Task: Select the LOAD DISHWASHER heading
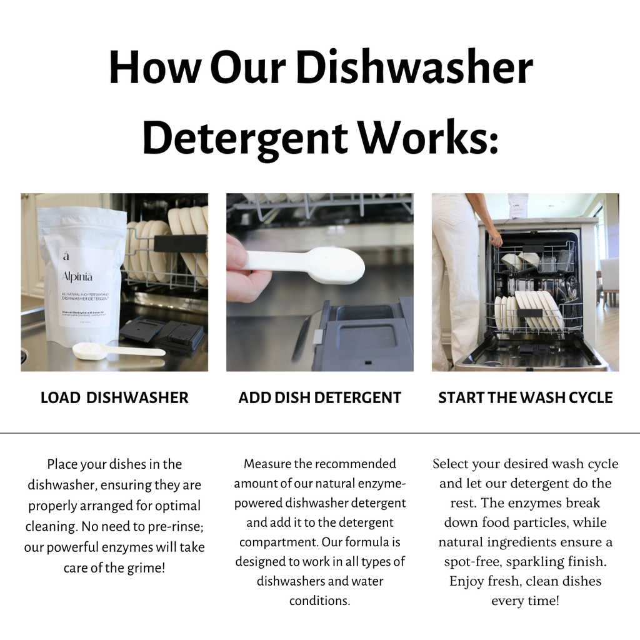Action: (x=114, y=397)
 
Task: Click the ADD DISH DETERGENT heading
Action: (x=320, y=397)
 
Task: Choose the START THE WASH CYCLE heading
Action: (x=525, y=397)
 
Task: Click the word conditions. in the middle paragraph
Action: (x=319, y=601)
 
